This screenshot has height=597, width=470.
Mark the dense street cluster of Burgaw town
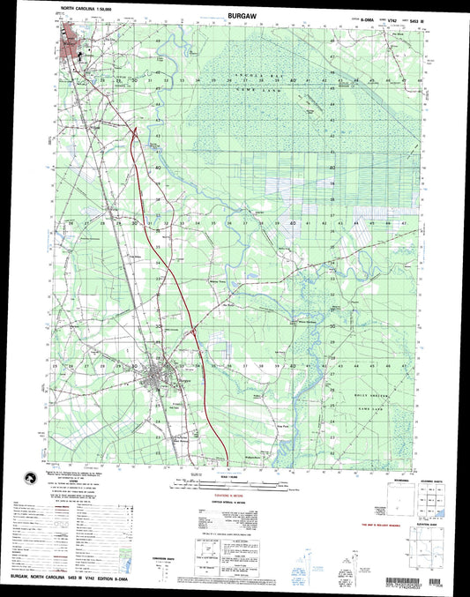point(160,382)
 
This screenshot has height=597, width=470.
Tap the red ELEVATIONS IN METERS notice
point(235,499)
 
